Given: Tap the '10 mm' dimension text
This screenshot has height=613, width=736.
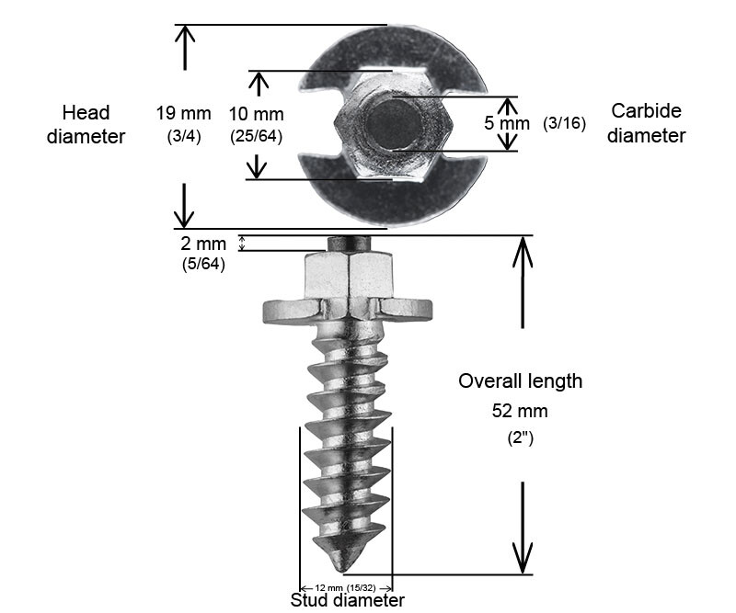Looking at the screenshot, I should (x=256, y=115).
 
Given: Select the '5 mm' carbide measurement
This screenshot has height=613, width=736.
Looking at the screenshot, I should (x=507, y=122).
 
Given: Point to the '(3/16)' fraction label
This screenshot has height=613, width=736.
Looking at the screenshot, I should (x=564, y=122).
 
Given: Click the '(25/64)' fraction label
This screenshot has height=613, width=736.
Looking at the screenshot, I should (x=256, y=135).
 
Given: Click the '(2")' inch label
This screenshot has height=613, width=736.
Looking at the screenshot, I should (x=521, y=438).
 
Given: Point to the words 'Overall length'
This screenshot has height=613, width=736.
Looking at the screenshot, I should (x=521, y=380).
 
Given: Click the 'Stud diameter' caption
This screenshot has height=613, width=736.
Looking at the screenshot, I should (x=347, y=601).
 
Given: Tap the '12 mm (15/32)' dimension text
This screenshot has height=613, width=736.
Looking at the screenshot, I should (x=346, y=587).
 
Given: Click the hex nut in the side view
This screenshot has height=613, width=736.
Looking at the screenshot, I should (x=348, y=275).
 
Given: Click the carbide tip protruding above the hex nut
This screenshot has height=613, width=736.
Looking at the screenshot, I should (x=348, y=244).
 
